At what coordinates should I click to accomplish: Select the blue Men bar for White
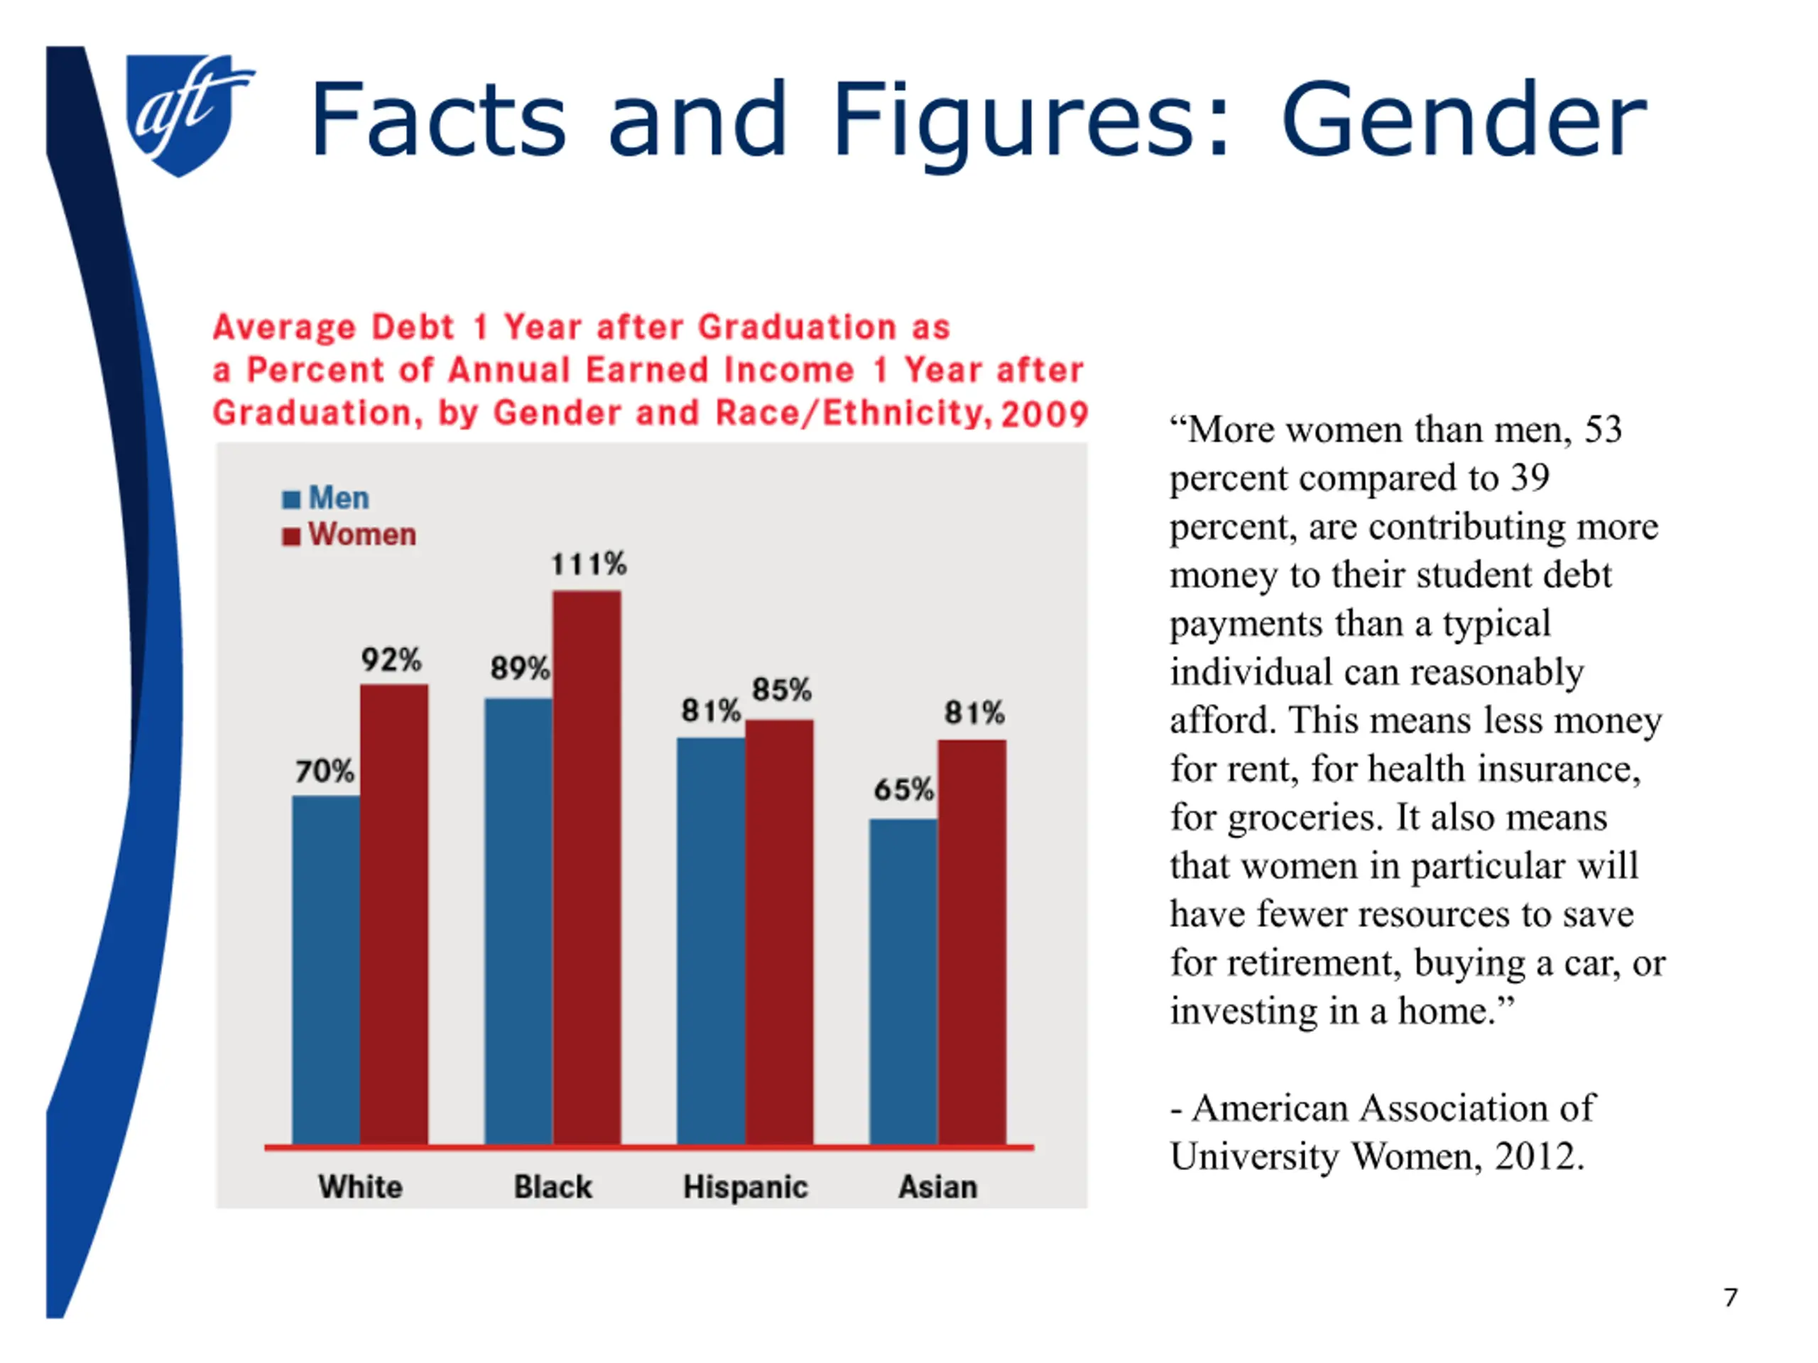tap(325, 970)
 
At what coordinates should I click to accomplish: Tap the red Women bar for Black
tap(587, 867)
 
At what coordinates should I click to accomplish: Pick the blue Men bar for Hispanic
tap(711, 941)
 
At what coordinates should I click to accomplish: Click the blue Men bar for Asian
tap(903, 981)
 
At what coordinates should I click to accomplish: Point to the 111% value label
tap(589, 564)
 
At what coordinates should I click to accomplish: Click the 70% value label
tap(325, 771)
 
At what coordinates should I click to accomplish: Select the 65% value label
tap(903, 789)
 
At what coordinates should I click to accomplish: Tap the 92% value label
tap(391, 659)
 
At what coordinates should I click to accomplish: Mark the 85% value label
tap(782, 689)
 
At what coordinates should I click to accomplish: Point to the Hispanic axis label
tap(746, 1187)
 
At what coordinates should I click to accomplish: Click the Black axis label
tap(553, 1187)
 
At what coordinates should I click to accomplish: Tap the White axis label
tap(361, 1187)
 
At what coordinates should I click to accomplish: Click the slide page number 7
tap(1730, 1297)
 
